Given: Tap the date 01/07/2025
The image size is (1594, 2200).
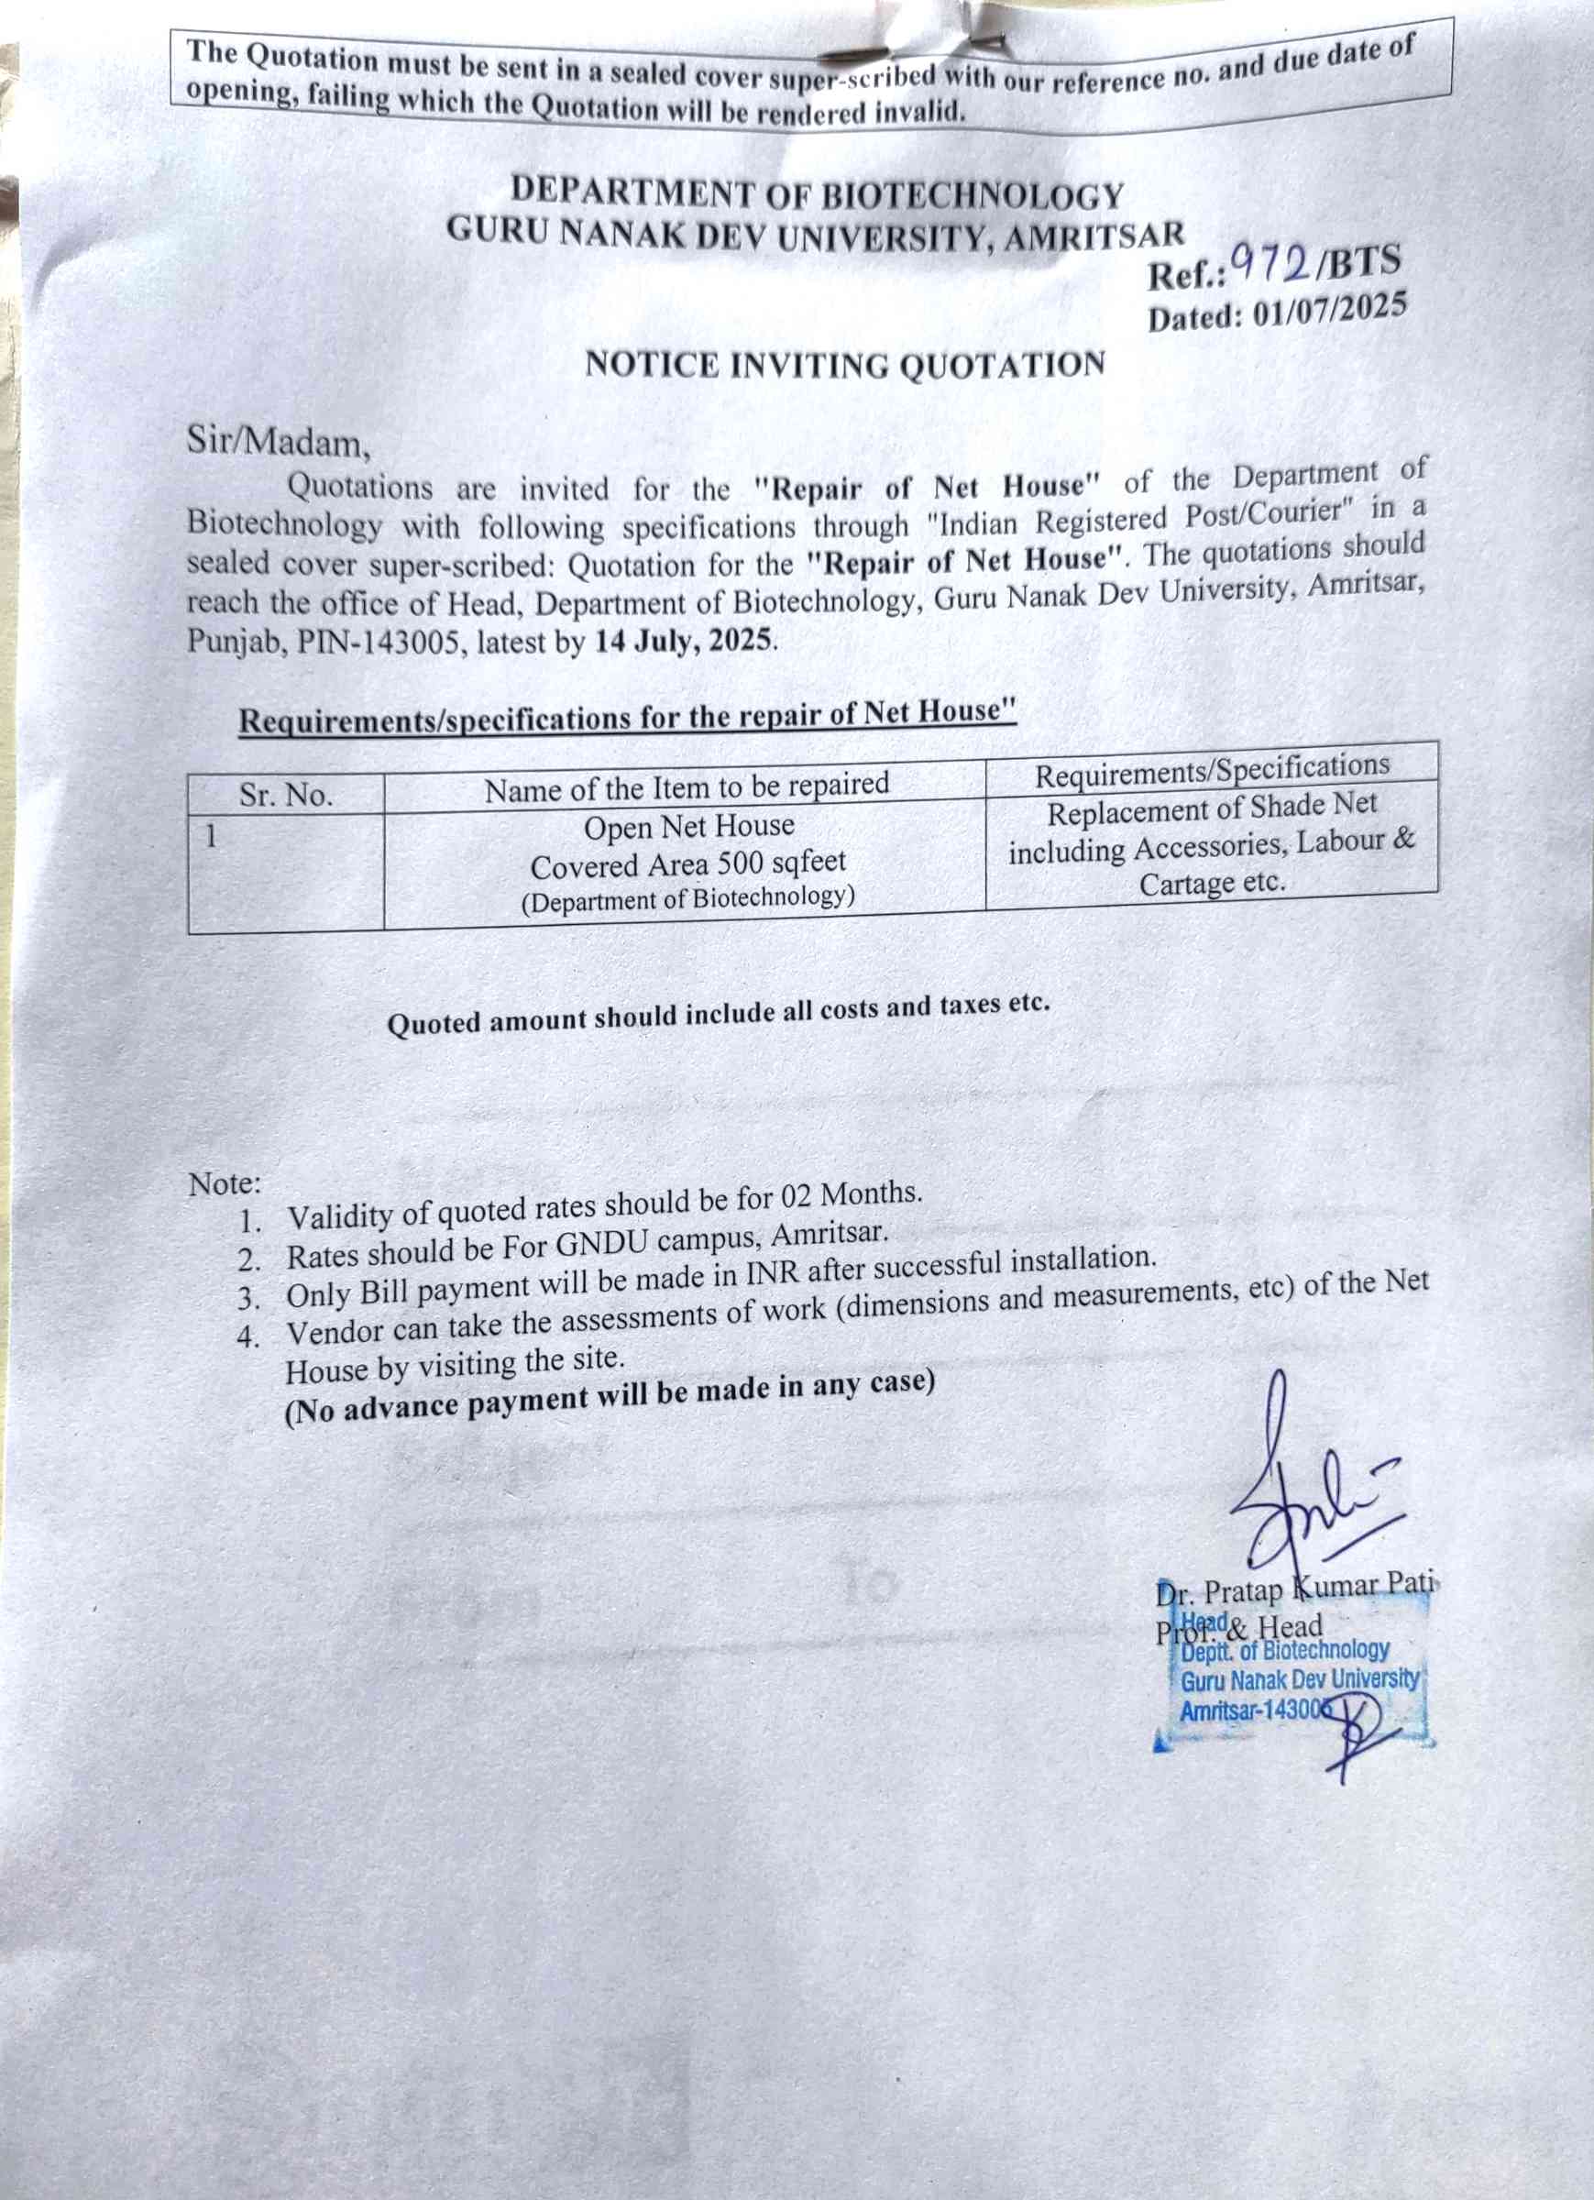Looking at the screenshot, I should [x=1329, y=310].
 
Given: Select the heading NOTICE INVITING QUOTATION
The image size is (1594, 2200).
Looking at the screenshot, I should [x=845, y=365].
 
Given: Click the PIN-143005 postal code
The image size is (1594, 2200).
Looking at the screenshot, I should [x=378, y=643].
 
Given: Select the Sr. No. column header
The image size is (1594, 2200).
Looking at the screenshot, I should [x=286, y=796].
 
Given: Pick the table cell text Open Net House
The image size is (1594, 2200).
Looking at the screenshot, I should [x=688, y=827].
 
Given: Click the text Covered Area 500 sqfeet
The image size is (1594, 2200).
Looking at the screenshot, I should [x=687, y=863].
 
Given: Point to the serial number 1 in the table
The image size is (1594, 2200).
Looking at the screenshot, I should [x=211, y=834].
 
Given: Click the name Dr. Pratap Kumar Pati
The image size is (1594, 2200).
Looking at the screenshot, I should [x=1295, y=1588].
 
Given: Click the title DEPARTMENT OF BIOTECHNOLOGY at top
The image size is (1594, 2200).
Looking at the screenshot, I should [x=817, y=193].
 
